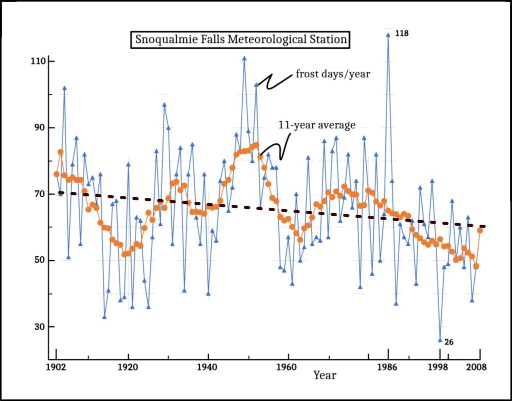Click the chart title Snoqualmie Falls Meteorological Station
coord(240,39)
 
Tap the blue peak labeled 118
coord(388,35)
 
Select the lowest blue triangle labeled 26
coord(440,340)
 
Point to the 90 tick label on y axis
coord(41,128)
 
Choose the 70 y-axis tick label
coord(41,194)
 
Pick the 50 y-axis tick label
coord(41,260)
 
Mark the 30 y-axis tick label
coord(41,327)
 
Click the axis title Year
coord(325,375)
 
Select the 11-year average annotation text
coord(317,125)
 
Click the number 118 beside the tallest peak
coord(402,33)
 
